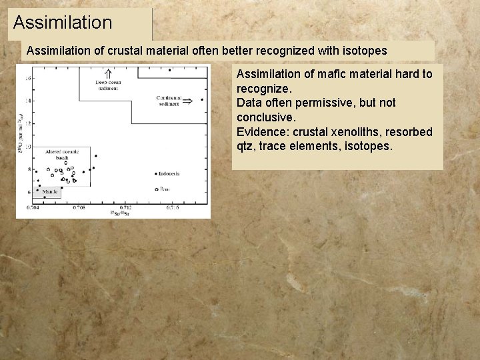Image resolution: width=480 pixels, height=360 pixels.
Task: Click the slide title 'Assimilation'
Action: point(63,23)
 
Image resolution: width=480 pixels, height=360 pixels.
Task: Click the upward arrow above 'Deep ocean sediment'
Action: point(107,73)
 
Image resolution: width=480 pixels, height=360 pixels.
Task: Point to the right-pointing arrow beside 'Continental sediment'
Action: point(188,101)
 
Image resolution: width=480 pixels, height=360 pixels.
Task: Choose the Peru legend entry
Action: point(163,189)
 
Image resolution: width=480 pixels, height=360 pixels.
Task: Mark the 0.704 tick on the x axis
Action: point(33,207)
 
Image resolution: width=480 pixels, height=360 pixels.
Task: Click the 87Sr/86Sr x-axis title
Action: point(120,213)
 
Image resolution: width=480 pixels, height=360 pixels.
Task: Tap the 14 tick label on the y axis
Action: point(27,100)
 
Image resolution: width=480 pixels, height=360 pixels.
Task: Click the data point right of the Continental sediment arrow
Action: point(202,100)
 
